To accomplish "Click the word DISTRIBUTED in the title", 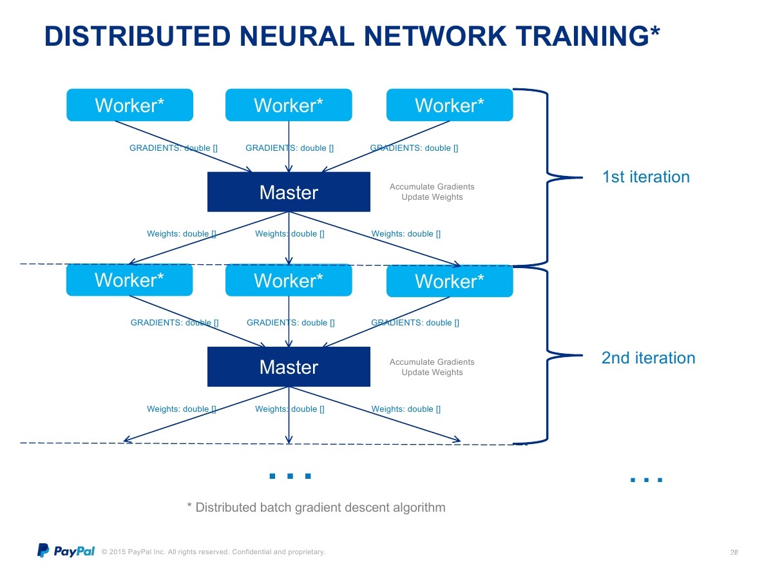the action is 137,36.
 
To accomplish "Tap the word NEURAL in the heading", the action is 297,36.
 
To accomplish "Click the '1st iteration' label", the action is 645,177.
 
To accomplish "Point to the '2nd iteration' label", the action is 648,358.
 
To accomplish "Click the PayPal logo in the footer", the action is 66,550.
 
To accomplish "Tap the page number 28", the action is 734,552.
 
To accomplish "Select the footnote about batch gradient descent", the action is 316,507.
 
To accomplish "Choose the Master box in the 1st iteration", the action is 289,192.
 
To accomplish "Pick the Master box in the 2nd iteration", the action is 289,367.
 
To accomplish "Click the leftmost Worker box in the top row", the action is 129,105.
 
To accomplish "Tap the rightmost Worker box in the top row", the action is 450,105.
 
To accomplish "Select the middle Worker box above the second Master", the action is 289,280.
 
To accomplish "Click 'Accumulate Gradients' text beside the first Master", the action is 432,187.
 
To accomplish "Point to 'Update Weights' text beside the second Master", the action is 432,372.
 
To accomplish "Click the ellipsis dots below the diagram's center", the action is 290,476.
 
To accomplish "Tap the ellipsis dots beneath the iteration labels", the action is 646,479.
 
